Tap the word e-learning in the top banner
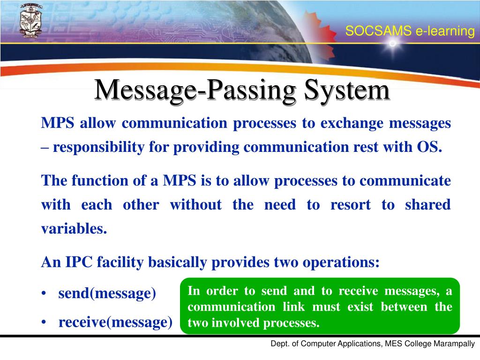coord(445,31)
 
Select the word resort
coord(350,205)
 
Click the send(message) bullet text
coord(107,294)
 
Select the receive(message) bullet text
coord(115,322)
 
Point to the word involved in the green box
coord(232,323)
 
